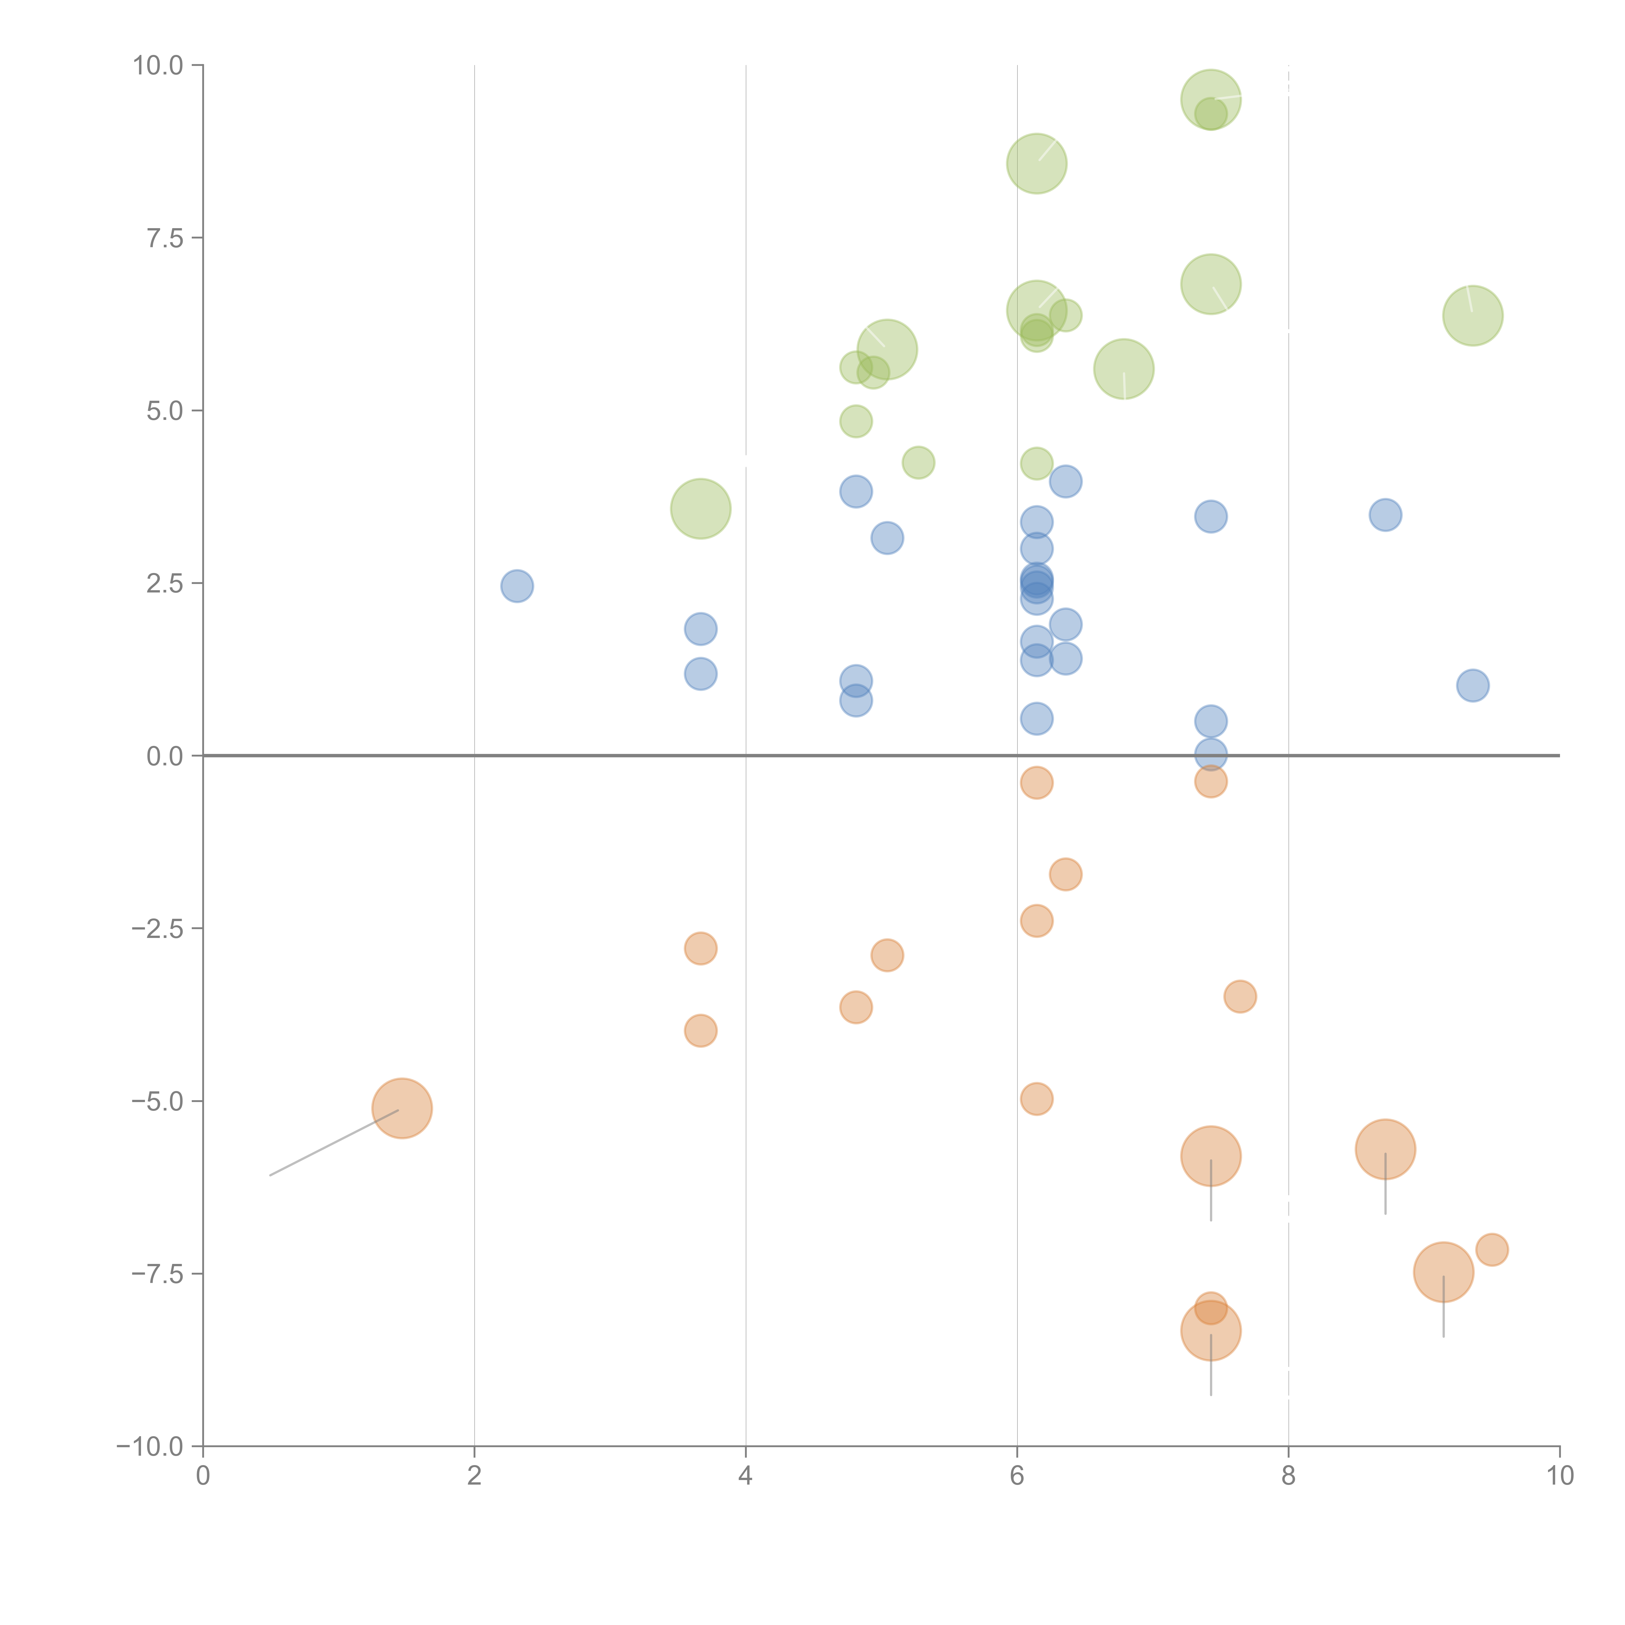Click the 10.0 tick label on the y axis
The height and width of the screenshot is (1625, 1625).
[158, 66]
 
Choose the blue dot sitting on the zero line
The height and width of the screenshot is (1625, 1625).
[1210, 754]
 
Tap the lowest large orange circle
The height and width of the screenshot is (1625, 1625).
[1210, 1331]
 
